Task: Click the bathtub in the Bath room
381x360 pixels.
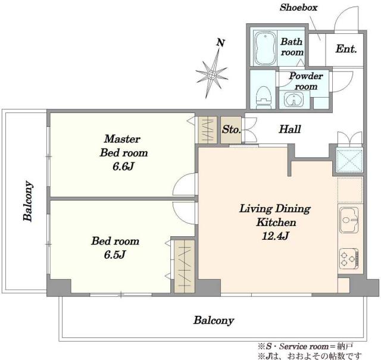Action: tap(266, 48)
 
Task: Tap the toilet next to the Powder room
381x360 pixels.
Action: tap(263, 96)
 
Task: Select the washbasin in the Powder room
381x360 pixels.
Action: tap(294, 99)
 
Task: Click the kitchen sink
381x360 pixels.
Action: tap(349, 220)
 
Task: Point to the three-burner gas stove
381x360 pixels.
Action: tap(349, 259)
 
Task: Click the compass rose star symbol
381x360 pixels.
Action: tap(212, 74)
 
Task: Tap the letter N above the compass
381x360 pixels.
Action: tap(220, 43)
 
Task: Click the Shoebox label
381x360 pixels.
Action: tap(299, 8)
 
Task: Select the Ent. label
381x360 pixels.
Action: tap(346, 49)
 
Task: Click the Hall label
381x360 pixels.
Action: tap(290, 129)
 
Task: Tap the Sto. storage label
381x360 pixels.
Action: tap(231, 130)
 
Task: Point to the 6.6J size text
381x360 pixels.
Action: tap(123, 167)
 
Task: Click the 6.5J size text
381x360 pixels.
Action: tap(115, 255)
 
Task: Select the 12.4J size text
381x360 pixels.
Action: tap(276, 236)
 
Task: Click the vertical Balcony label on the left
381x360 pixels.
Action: tap(28, 201)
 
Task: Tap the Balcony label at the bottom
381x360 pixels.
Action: tap(214, 320)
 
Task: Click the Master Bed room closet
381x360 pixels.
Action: tap(208, 130)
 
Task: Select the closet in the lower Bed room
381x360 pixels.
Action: tap(185, 267)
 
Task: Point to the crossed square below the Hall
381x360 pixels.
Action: tap(349, 160)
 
